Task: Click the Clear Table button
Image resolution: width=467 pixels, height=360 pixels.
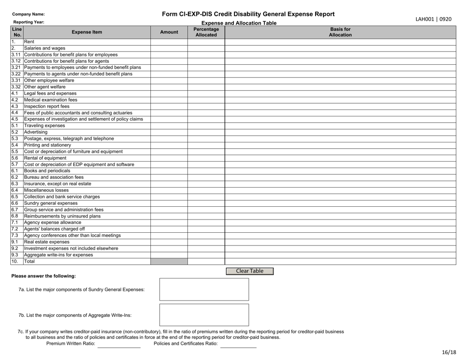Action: point(250,271)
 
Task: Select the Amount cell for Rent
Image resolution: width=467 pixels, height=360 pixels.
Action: point(169,42)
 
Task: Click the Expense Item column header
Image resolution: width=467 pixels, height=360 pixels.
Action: point(87,32)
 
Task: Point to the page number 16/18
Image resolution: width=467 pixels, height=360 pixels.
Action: point(448,352)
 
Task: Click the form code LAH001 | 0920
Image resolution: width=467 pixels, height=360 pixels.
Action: point(434,19)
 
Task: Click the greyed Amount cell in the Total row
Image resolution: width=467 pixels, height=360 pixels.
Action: point(169,261)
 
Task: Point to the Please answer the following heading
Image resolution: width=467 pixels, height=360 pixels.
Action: point(45,276)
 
